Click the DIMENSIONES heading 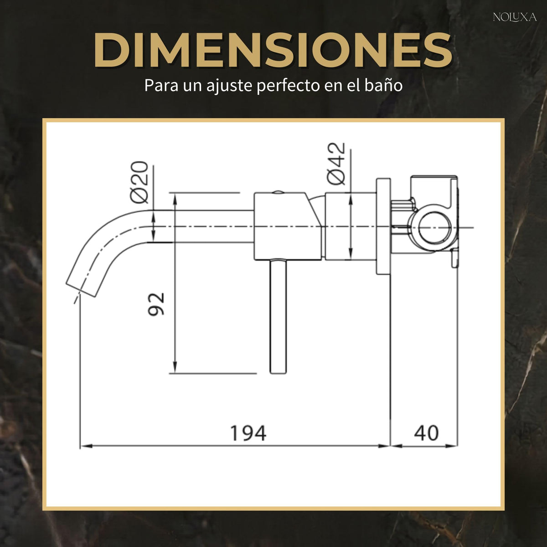273,51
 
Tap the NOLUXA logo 515,18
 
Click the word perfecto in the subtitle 288,85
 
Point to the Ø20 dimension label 139,182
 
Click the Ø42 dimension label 336,163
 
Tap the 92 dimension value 156,304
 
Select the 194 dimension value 248,433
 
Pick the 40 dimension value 426,433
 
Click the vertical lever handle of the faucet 279,316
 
